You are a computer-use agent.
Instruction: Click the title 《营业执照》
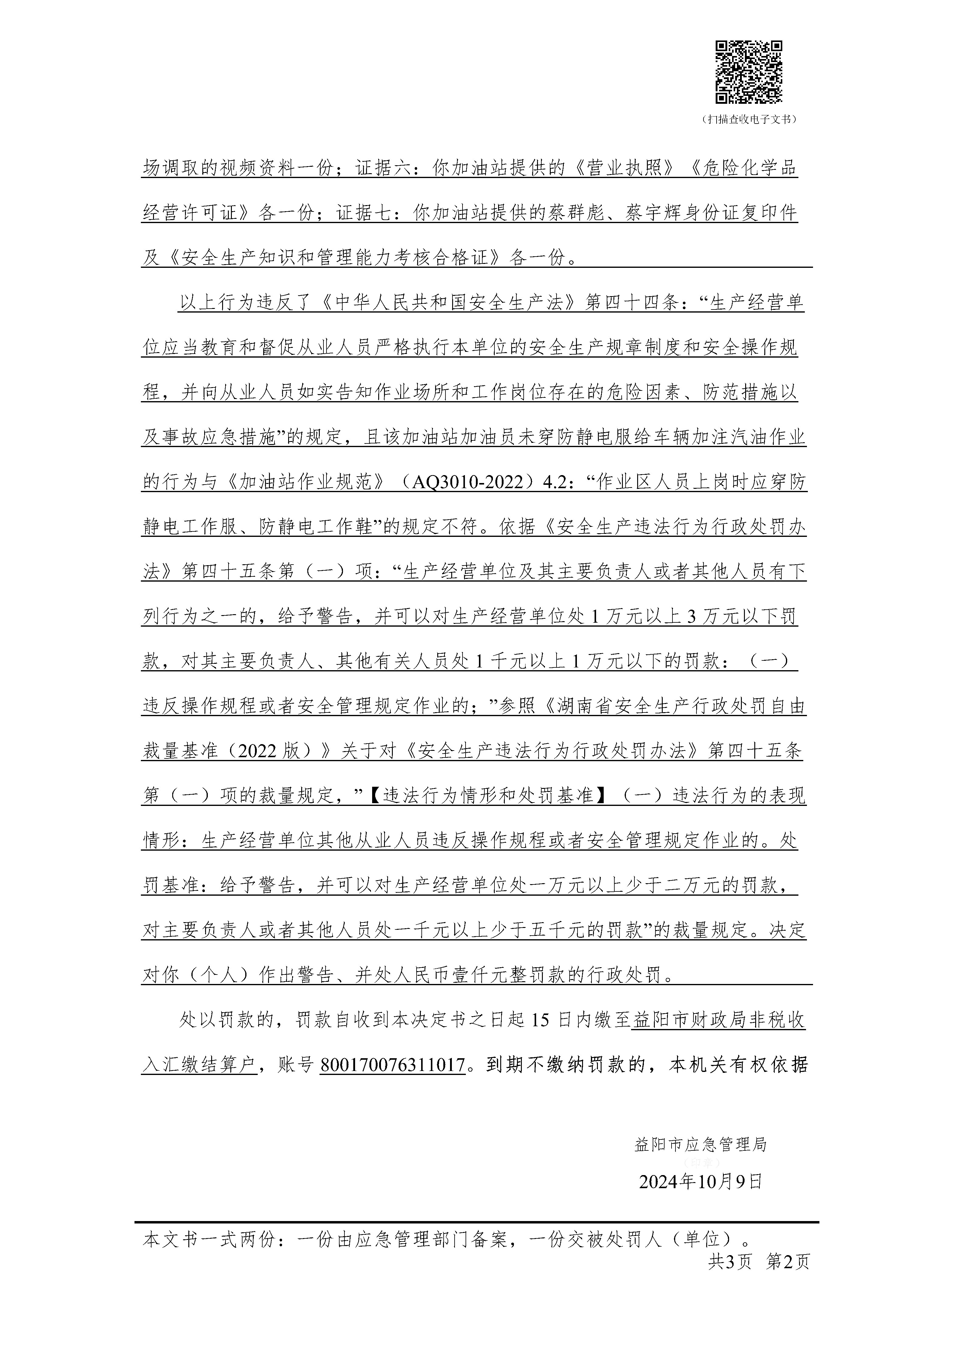pyautogui.click(x=623, y=168)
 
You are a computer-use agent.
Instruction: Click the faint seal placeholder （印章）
pyautogui.click(x=700, y=1163)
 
